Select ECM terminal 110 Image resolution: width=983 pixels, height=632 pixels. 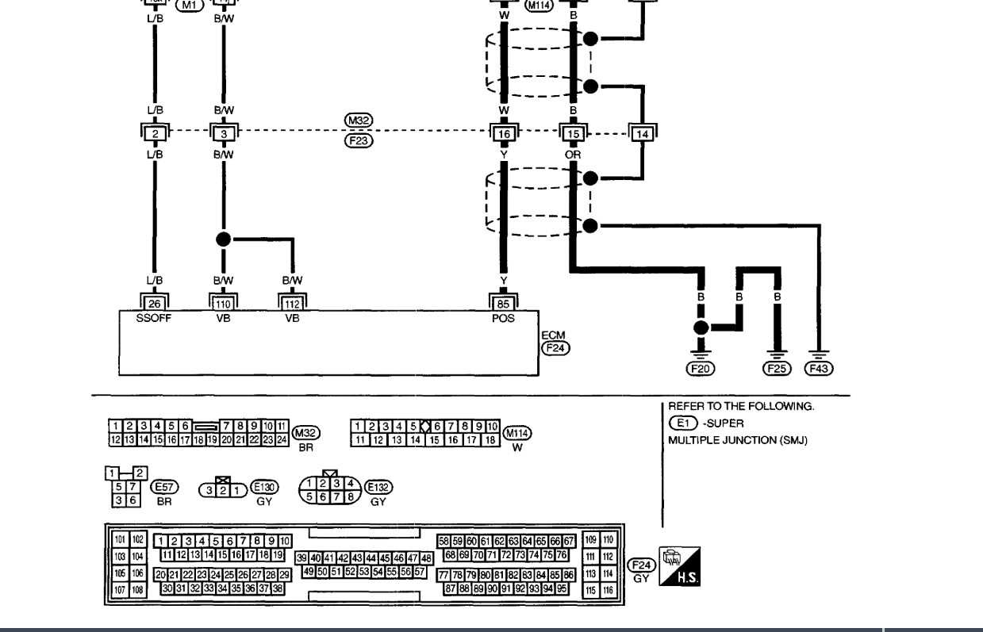224,303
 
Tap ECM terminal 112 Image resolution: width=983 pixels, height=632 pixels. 293,303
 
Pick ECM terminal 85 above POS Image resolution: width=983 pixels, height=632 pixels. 504,303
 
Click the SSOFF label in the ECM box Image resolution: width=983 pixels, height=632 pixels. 154,317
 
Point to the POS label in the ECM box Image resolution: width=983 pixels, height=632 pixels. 504,317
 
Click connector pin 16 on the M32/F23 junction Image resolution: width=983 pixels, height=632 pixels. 504,133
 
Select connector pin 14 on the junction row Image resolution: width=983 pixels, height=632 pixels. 643,134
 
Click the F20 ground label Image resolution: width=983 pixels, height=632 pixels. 701,368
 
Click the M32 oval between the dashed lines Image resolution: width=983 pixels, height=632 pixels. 359,121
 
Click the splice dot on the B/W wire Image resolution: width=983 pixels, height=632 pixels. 224,239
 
